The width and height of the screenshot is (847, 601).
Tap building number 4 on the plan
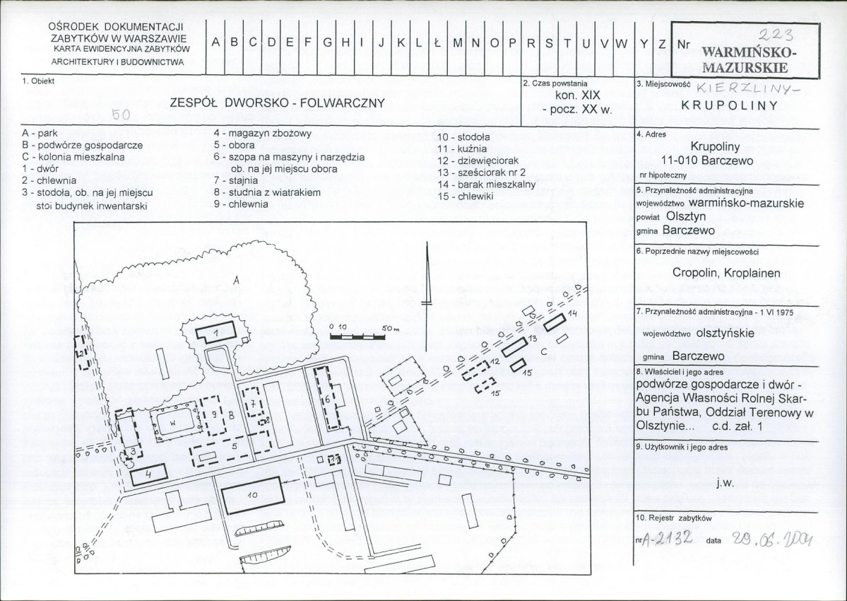148,475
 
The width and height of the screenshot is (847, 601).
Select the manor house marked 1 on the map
215,332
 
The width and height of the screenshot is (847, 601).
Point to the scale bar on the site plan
357,336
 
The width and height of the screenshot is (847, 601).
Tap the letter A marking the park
235,281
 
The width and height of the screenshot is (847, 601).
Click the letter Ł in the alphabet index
437,43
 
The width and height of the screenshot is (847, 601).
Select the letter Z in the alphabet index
662,44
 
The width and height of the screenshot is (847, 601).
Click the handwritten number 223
776,35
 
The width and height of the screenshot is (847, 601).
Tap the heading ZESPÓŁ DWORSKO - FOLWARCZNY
277,103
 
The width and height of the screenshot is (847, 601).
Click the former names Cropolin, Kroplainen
726,273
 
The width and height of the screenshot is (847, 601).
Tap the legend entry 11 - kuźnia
462,148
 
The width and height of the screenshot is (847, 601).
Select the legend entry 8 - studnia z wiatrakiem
267,192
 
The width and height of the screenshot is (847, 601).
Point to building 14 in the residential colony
554,322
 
